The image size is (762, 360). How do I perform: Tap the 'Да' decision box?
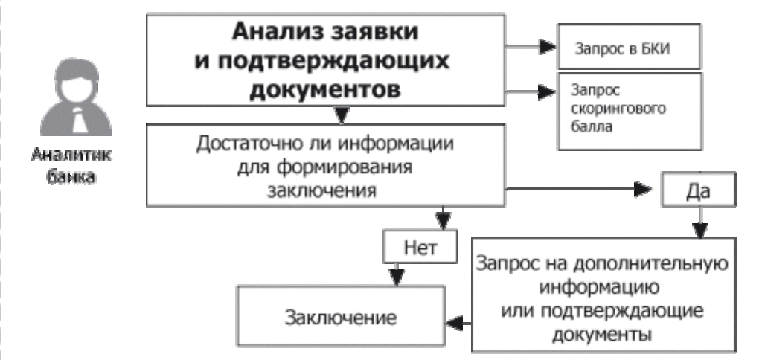(697, 190)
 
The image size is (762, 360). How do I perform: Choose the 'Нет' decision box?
(420, 246)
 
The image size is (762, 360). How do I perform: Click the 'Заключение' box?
(340, 318)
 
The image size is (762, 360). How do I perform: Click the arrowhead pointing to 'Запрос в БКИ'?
(548, 47)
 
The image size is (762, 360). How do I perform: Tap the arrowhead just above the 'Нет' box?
(444, 221)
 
